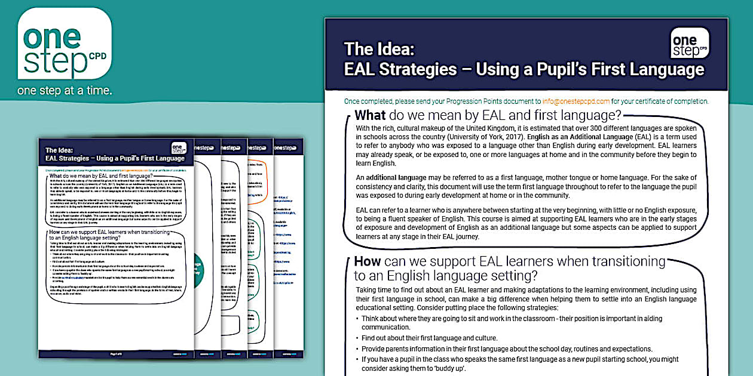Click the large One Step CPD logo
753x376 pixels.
(65, 45)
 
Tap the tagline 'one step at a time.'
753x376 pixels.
(65, 91)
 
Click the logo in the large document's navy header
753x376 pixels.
(690, 43)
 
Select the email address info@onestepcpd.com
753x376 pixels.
(576, 101)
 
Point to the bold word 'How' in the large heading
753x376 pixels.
(368, 261)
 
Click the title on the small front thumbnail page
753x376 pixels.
(115, 159)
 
